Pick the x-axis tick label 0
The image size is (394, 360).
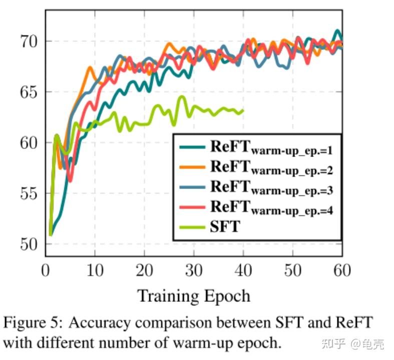[x=46, y=271]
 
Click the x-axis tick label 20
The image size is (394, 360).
[x=144, y=271]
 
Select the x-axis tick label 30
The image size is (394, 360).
[x=193, y=271]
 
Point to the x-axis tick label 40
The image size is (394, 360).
[x=243, y=271]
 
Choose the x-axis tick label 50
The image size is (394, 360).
[x=292, y=271]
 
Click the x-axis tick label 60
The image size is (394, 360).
[x=341, y=271]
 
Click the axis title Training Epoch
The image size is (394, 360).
[x=194, y=296]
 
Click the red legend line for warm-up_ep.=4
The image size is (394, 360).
[x=192, y=207]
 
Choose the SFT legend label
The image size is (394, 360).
[x=225, y=226]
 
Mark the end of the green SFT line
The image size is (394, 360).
[x=243, y=111]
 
